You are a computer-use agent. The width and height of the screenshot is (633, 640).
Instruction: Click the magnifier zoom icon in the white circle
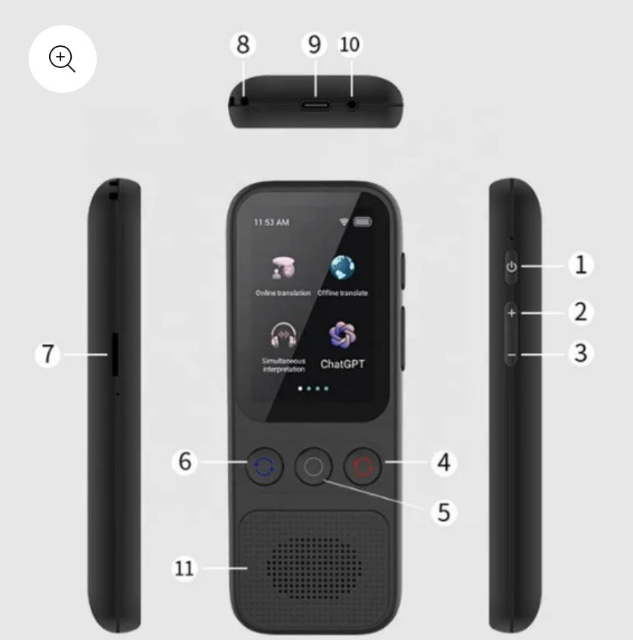coord(62,59)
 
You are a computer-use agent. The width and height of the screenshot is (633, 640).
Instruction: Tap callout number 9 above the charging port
coord(314,45)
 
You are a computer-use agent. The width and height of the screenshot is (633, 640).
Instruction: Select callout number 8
coord(242,45)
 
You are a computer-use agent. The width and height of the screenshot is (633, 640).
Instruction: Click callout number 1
coord(580,265)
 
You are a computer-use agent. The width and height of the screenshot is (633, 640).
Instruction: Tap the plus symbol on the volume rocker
coord(511,313)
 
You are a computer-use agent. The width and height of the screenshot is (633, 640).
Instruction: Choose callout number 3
coord(580,353)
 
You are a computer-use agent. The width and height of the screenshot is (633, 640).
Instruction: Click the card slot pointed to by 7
coord(114,354)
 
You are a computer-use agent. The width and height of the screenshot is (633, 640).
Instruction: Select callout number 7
coord(48,354)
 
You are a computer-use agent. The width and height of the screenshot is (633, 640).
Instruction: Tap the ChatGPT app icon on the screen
coord(342,334)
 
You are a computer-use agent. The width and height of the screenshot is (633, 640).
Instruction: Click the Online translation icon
coord(283,267)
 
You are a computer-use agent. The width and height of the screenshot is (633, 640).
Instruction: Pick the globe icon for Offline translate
coord(342,267)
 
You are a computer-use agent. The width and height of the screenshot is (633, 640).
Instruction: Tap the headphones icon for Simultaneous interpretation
coord(283,334)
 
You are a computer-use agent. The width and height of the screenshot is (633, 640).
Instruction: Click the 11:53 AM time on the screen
coord(271,223)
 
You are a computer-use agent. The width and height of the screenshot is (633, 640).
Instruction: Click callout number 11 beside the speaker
coord(184,568)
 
